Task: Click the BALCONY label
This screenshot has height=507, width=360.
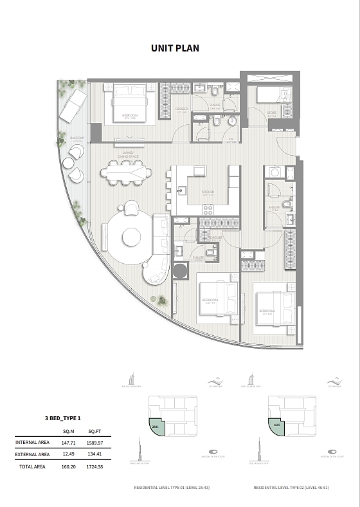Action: click(76, 138)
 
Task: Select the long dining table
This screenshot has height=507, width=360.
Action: click(126, 172)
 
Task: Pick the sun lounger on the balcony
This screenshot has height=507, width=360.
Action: click(73, 105)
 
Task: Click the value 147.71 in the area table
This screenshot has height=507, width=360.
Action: click(69, 443)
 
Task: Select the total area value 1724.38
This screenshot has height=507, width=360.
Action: click(95, 466)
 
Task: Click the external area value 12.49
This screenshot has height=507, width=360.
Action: click(69, 454)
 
